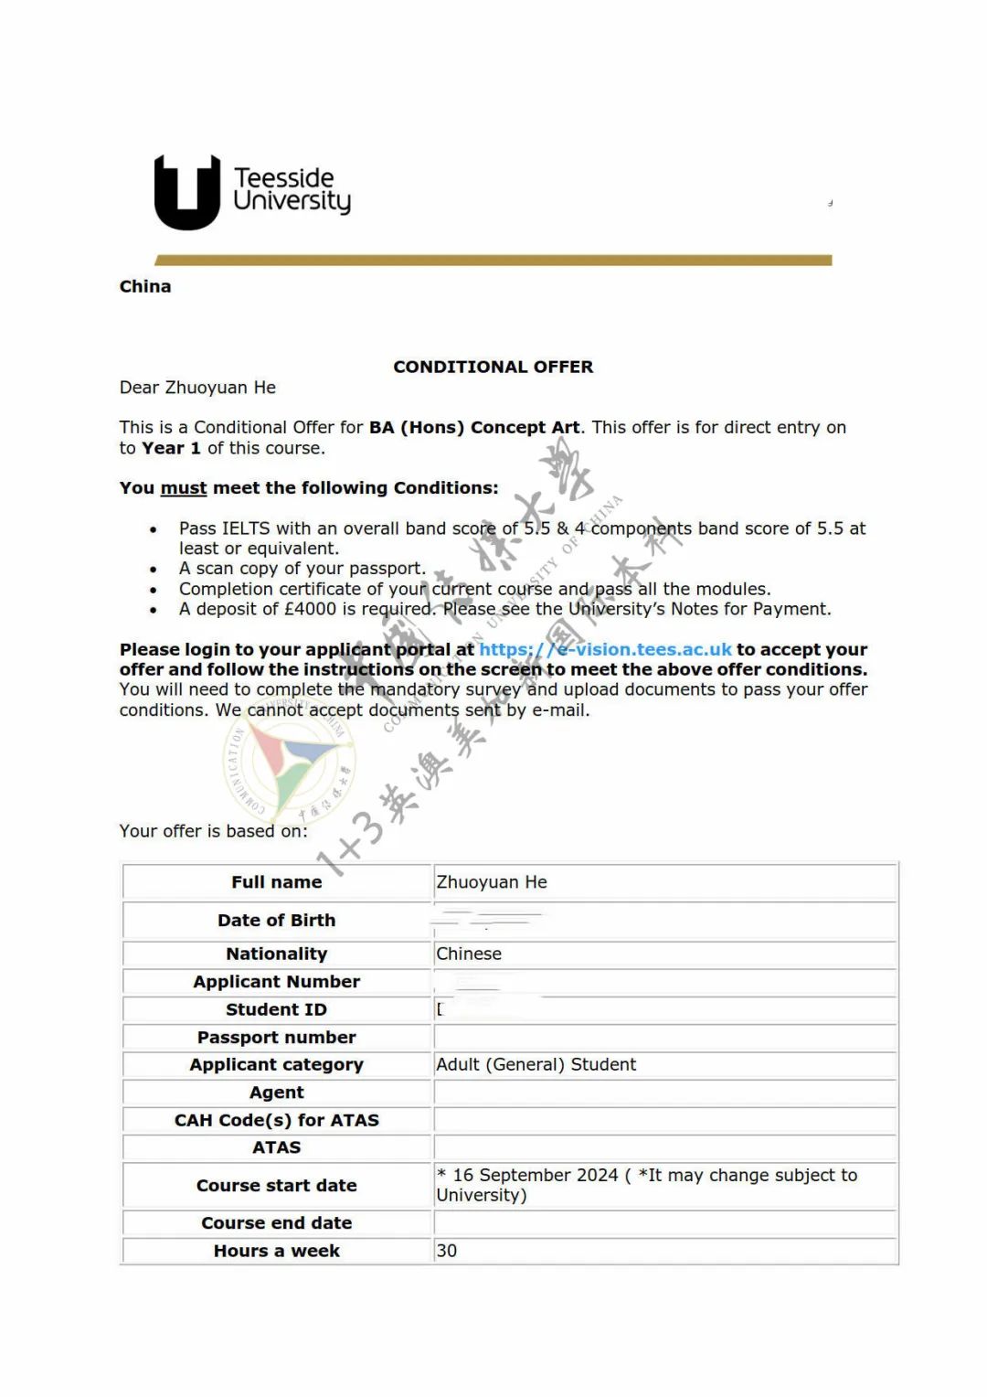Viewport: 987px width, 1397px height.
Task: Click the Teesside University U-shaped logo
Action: [187, 192]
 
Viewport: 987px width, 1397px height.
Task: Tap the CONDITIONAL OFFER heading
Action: [493, 367]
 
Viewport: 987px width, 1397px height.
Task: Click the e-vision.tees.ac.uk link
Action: [605, 649]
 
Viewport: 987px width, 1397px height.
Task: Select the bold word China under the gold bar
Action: [145, 286]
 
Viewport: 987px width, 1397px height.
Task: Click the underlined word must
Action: [184, 488]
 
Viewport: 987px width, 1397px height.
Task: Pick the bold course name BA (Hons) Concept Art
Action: [474, 427]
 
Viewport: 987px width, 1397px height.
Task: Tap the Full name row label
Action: [276, 882]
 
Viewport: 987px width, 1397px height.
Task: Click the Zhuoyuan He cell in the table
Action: [492, 882]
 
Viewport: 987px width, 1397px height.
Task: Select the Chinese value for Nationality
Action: [469, 954]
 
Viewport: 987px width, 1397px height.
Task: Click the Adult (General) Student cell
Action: [536, 1064]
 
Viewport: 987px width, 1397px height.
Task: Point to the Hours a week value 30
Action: [447, 1251]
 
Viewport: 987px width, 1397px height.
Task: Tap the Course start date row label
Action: [276, 1186]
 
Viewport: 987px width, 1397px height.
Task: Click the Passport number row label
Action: [276, 1037]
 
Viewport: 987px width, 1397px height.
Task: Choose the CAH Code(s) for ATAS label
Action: [276, 1120]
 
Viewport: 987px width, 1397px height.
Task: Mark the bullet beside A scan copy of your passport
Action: [154, 570]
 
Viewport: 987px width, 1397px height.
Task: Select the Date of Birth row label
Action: [276, 921]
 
